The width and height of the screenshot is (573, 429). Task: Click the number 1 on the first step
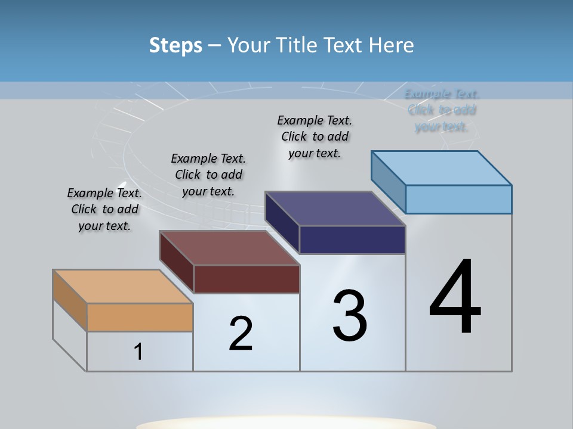coord(138,352)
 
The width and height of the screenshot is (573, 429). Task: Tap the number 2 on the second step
coord(241,334)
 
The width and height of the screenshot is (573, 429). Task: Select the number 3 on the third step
coord(350,316)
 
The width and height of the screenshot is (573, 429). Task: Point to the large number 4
coord(455,297)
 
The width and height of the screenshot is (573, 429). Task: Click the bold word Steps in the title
coord(175,45)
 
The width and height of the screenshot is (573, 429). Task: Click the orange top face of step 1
coord(122,287)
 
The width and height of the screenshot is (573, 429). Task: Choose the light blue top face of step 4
coord(441,168)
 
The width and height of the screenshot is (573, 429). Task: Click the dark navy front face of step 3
coord(352,240)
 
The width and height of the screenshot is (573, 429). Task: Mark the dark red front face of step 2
coord(247,279)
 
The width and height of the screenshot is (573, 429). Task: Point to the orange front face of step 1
coord(140,318)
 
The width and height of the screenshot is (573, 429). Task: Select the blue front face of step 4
coord(458,199)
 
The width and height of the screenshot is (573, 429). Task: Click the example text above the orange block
coord(104,209)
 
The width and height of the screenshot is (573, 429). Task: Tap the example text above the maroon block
coord(208,175)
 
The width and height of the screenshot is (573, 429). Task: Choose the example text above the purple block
coord(315,136)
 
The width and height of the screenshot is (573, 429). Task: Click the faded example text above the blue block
coord(442,110)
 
